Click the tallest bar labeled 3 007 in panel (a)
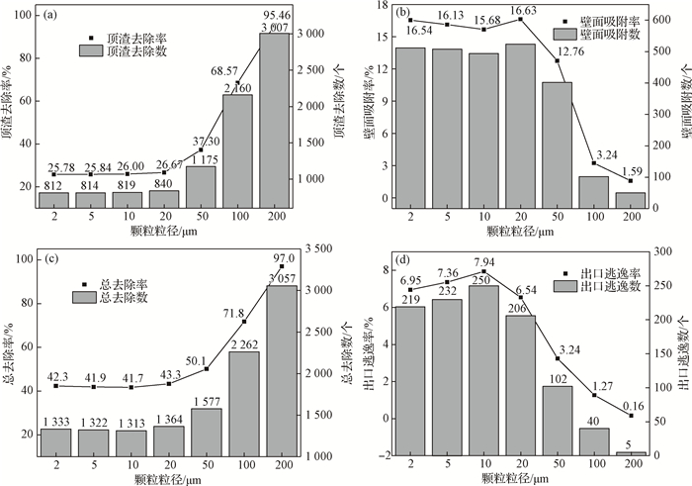274,124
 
